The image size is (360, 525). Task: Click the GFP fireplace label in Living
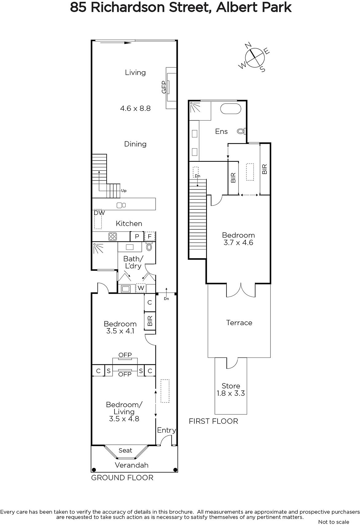tap(164, 87)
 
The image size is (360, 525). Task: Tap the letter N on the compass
tap(248, 45)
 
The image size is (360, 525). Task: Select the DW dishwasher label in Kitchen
tap(99, 213)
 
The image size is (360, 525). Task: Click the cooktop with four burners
tap(113, 236)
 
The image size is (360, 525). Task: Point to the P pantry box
tap(137, 236)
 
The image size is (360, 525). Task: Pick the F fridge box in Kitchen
tap(150, 236)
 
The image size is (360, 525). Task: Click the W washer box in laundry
tap(141, 288)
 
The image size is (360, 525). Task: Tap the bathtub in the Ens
tap(231, 109)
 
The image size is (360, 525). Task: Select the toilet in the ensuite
tap(242, 131)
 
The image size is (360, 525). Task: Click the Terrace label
tap(239, 323)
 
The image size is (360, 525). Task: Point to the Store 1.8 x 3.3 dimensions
tap(231, 393)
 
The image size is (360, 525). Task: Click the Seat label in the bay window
tap(125, 451)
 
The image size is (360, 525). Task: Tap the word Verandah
tap(132, 465)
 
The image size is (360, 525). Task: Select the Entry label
tap(166, 430)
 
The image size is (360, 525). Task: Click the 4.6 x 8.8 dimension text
tap(135, 108)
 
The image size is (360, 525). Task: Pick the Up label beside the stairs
tap(124, 191)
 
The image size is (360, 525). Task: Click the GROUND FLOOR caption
tap(122, 478)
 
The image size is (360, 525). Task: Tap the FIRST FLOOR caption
tap(213, 421)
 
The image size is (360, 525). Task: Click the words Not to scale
tap(333, 522)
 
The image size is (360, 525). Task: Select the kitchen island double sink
tap(121, 205)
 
